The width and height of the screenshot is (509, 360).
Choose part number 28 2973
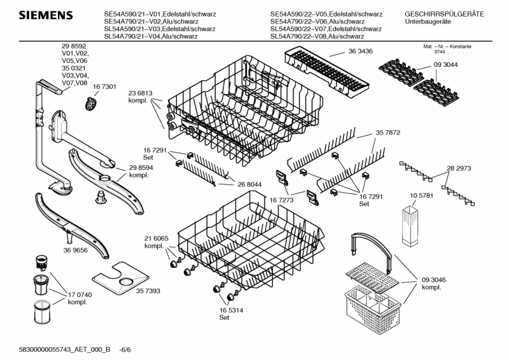[x=459, y=169]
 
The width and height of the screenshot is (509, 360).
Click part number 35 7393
[x=148, y=289]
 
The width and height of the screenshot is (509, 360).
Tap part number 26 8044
[x=250, y=184]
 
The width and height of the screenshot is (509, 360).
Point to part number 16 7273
[x=282, y=199]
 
